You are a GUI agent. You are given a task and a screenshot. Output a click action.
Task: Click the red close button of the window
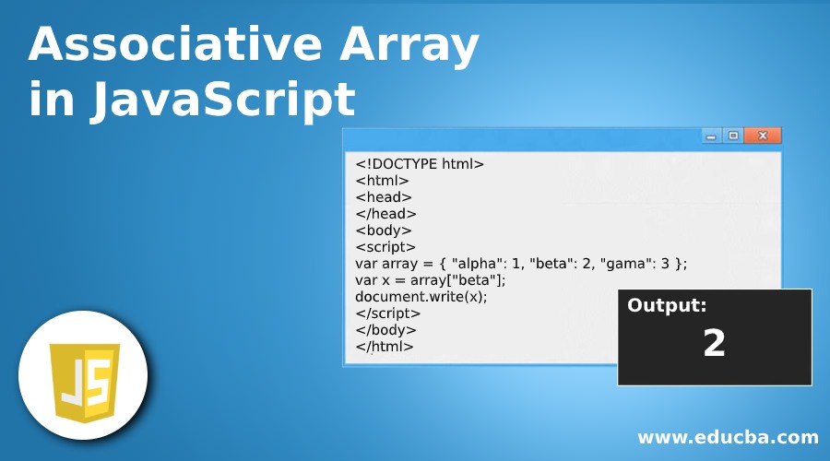(x=763, y=136)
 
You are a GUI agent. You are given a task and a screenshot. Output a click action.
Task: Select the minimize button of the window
(x=711, y=136)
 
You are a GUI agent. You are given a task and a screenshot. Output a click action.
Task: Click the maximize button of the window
(x=733, y=136)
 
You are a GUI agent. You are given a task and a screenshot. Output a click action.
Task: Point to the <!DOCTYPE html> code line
(x=420, y=164)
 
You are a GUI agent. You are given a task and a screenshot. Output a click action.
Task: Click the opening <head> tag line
(x=384, y=197)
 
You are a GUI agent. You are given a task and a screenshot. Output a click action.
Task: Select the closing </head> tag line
(x=386, y=214)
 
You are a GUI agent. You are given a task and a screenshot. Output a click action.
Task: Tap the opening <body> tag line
(x=384, y=230)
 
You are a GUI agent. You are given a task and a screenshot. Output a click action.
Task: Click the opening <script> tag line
(x=385, y=247)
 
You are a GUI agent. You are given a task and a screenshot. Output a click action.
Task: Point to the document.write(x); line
(x=421, y=297)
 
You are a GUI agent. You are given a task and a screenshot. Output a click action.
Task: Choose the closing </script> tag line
(x=388, y=313)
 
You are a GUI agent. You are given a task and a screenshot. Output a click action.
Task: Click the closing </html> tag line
(x=385, y=347)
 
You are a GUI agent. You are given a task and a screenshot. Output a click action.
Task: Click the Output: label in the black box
(x=667, y=307)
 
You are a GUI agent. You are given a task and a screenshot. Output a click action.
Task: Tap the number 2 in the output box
(x=714, y=344)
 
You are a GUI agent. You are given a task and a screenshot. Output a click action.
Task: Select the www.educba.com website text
(x=728, y=436)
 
